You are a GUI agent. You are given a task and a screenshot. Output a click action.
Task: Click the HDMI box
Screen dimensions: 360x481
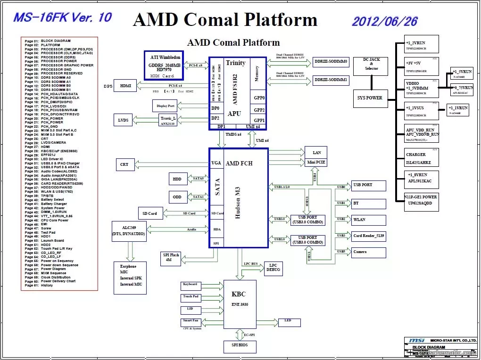(x=125, y=86)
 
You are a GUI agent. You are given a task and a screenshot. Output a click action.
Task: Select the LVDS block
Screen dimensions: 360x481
(x=123, y=121)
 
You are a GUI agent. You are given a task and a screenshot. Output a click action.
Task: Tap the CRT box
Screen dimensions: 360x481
(x=124, y=164)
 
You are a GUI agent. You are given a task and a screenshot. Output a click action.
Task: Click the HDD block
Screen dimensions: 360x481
(x=177, y=179)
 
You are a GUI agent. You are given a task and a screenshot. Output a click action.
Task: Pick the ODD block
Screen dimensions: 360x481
(x=177, y=197)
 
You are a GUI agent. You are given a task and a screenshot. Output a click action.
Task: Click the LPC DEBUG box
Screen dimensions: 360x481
(x=273, y=268)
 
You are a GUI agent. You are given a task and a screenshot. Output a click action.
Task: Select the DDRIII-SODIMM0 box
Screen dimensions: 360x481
(x=331, y=62)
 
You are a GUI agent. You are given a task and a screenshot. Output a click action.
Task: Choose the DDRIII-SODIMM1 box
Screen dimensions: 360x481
(x=331, y=81)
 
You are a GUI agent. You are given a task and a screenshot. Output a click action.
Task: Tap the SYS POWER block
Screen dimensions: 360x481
(x=371, y=98)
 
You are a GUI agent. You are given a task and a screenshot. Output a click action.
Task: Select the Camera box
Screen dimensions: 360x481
(x=368, y=252)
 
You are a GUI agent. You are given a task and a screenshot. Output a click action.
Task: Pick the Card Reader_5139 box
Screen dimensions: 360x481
(x=368, y=236)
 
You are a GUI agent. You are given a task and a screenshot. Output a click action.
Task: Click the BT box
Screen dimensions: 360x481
(x=368, y=204)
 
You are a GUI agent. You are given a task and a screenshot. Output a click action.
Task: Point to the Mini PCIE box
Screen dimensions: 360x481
(x=316, y=163)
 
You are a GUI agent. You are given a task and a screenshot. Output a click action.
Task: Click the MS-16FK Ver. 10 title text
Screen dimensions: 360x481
(x=63, y=18)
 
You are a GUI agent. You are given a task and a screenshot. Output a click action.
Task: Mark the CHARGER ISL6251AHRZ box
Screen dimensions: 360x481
(x=421, y=159)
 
